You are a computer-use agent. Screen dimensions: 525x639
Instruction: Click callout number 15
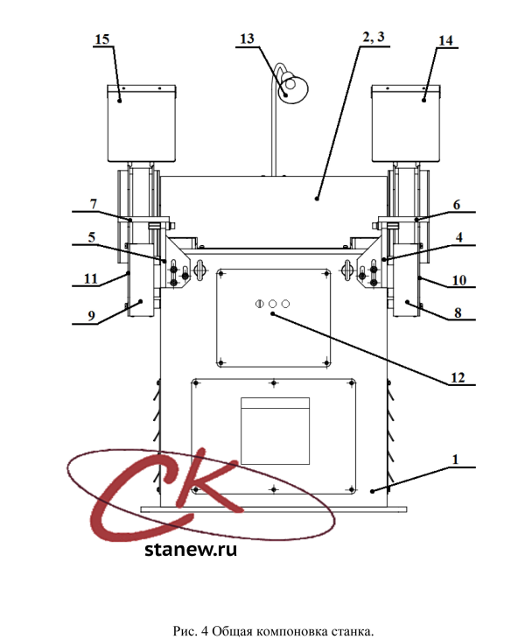point(102,39)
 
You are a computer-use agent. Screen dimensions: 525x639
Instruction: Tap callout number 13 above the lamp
point(248,39)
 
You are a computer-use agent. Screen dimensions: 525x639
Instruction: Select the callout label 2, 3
point(374,37)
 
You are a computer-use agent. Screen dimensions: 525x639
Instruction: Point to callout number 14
point(445,40)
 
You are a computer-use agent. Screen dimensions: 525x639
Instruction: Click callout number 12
point(458,378)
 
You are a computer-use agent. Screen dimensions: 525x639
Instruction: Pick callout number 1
point(455,460)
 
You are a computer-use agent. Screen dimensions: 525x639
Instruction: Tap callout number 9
point(91,315)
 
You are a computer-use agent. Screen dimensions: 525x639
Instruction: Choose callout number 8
point(458,312)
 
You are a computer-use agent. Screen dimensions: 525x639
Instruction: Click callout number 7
point(94,204)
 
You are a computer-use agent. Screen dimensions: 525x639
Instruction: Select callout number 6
point(457,205)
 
